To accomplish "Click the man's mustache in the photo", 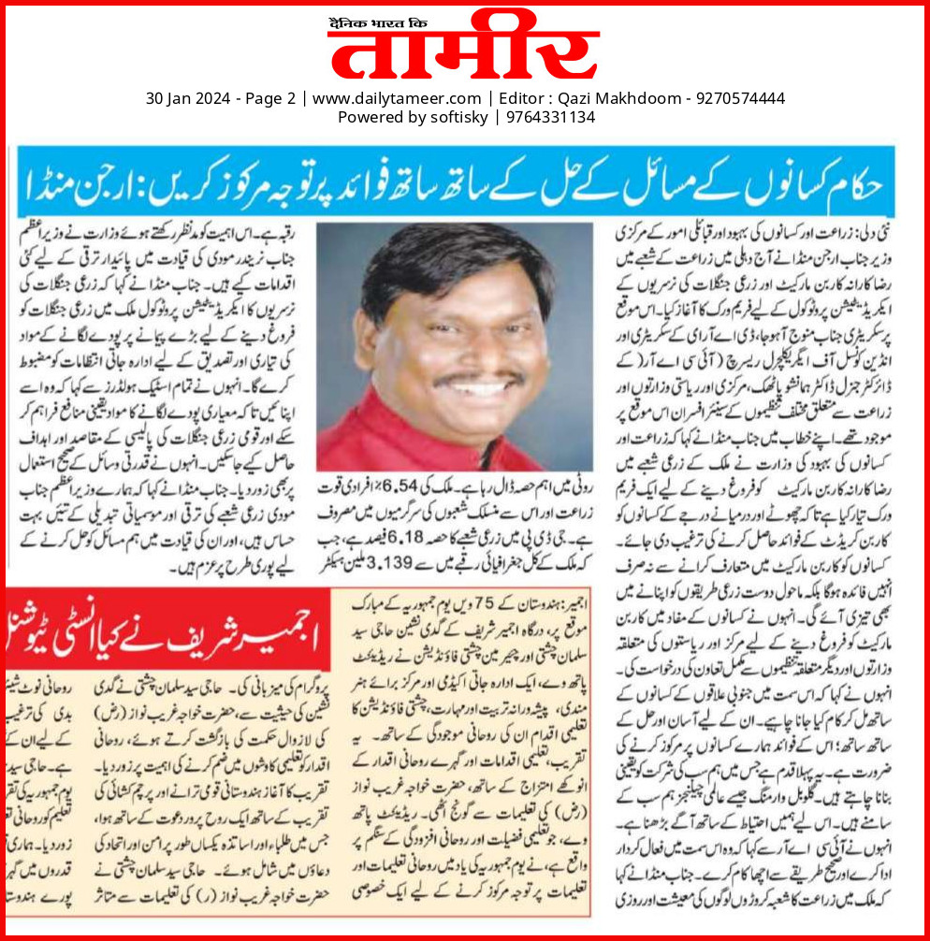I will pos(478,380).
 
